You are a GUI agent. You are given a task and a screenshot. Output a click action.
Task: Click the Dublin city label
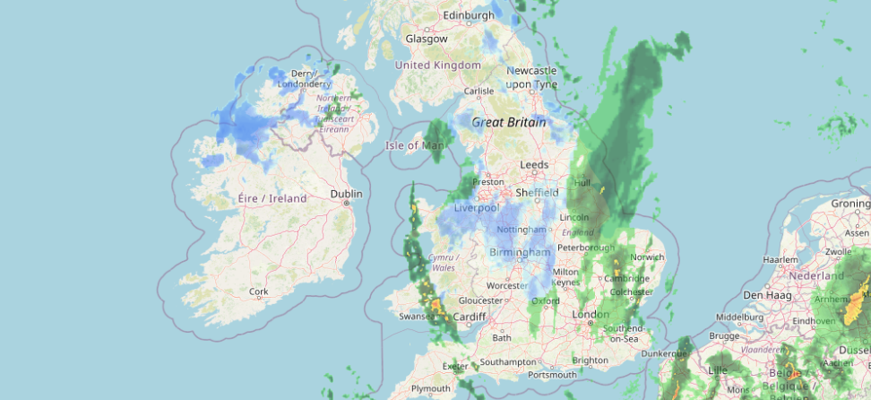pos(346,193)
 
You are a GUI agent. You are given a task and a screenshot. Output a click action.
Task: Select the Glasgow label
pos(427,39)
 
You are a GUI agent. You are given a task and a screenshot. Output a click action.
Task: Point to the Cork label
pos(259,291)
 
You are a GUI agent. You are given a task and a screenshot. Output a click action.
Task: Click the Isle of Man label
pos(414,145)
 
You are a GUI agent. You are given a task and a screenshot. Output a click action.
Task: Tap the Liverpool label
pos(477,208)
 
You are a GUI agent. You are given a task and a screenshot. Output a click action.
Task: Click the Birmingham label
pos(520,253)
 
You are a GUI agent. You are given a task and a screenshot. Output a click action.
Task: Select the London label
pos(591,315)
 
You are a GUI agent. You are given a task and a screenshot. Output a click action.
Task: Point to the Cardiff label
pos(470,317)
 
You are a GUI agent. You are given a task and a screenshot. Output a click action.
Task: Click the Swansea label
pos(418,317)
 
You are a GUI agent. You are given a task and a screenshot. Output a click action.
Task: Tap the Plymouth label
pos(430,388)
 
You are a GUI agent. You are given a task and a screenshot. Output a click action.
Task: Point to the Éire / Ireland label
pos(272,198)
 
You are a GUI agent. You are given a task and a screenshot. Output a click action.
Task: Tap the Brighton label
pos(590,361)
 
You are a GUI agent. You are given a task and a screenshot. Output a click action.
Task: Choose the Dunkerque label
pos(664,353)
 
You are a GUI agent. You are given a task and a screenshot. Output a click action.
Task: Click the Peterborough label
pos(585,248)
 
